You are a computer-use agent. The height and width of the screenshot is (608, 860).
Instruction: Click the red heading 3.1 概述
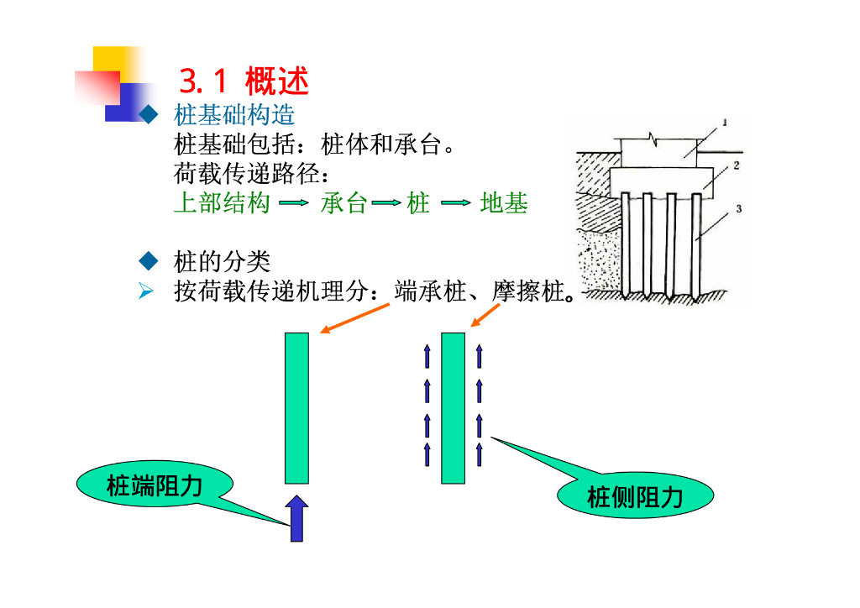tap(244, 81)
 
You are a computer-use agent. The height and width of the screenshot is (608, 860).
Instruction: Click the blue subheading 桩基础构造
tap(234, 115)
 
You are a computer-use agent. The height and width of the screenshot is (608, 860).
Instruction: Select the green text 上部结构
tap(222, 203)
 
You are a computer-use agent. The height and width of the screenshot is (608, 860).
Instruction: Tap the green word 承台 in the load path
tap(343, 203)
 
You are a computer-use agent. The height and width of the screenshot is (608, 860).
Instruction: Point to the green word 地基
tap(504, 203)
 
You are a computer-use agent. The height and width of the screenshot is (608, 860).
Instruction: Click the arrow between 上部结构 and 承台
tap(294, 203)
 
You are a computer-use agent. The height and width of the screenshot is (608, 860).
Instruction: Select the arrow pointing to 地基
tap(454, 203)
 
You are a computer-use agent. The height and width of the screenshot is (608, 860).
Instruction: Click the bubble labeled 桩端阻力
tap(155, 485)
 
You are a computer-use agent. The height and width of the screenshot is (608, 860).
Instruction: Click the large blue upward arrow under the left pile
tap(296, 518)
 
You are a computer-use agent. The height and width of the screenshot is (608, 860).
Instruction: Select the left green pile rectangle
tap(296, 408)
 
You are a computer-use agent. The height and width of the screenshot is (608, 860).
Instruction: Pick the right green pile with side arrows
tap(453, 408)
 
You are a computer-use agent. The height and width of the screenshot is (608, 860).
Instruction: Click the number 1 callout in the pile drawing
tap(725, 123)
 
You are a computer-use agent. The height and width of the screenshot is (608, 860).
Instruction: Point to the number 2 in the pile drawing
tap(736, 165)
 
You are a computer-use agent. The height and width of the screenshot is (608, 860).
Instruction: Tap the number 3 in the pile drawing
tap(738, 209)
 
